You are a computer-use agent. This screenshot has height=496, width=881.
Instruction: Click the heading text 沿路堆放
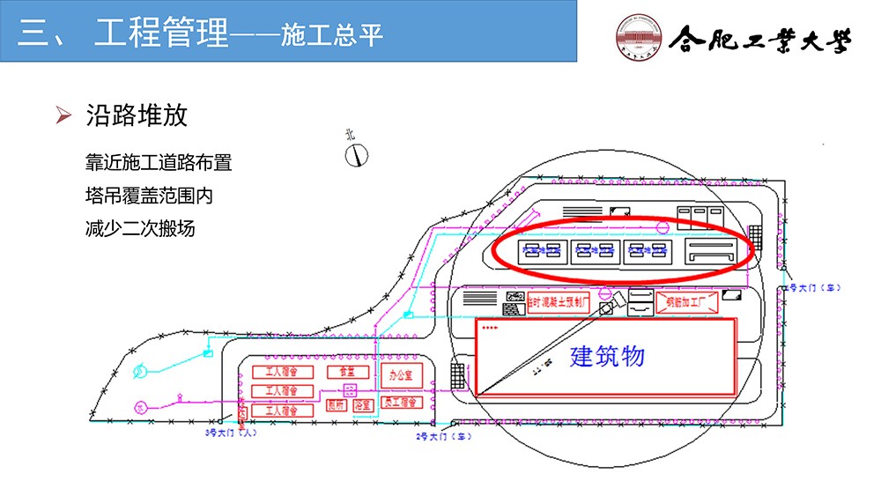(136, 115)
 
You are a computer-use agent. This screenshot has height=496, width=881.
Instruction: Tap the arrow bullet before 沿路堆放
(63, 115)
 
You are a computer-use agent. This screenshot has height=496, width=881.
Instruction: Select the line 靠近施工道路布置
(159, 163)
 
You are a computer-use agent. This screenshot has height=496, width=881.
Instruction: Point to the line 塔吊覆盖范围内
(149, 196)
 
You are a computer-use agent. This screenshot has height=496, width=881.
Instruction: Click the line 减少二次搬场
(139, 228)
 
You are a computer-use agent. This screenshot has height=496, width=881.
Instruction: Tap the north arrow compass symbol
(356, 154)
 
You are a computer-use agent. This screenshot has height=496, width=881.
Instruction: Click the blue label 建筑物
(607, 356)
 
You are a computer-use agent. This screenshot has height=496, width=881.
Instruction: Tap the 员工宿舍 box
(403, 403)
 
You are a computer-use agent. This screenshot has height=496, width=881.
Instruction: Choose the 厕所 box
(336, 405)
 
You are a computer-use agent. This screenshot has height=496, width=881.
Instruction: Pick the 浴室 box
(362, 405)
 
